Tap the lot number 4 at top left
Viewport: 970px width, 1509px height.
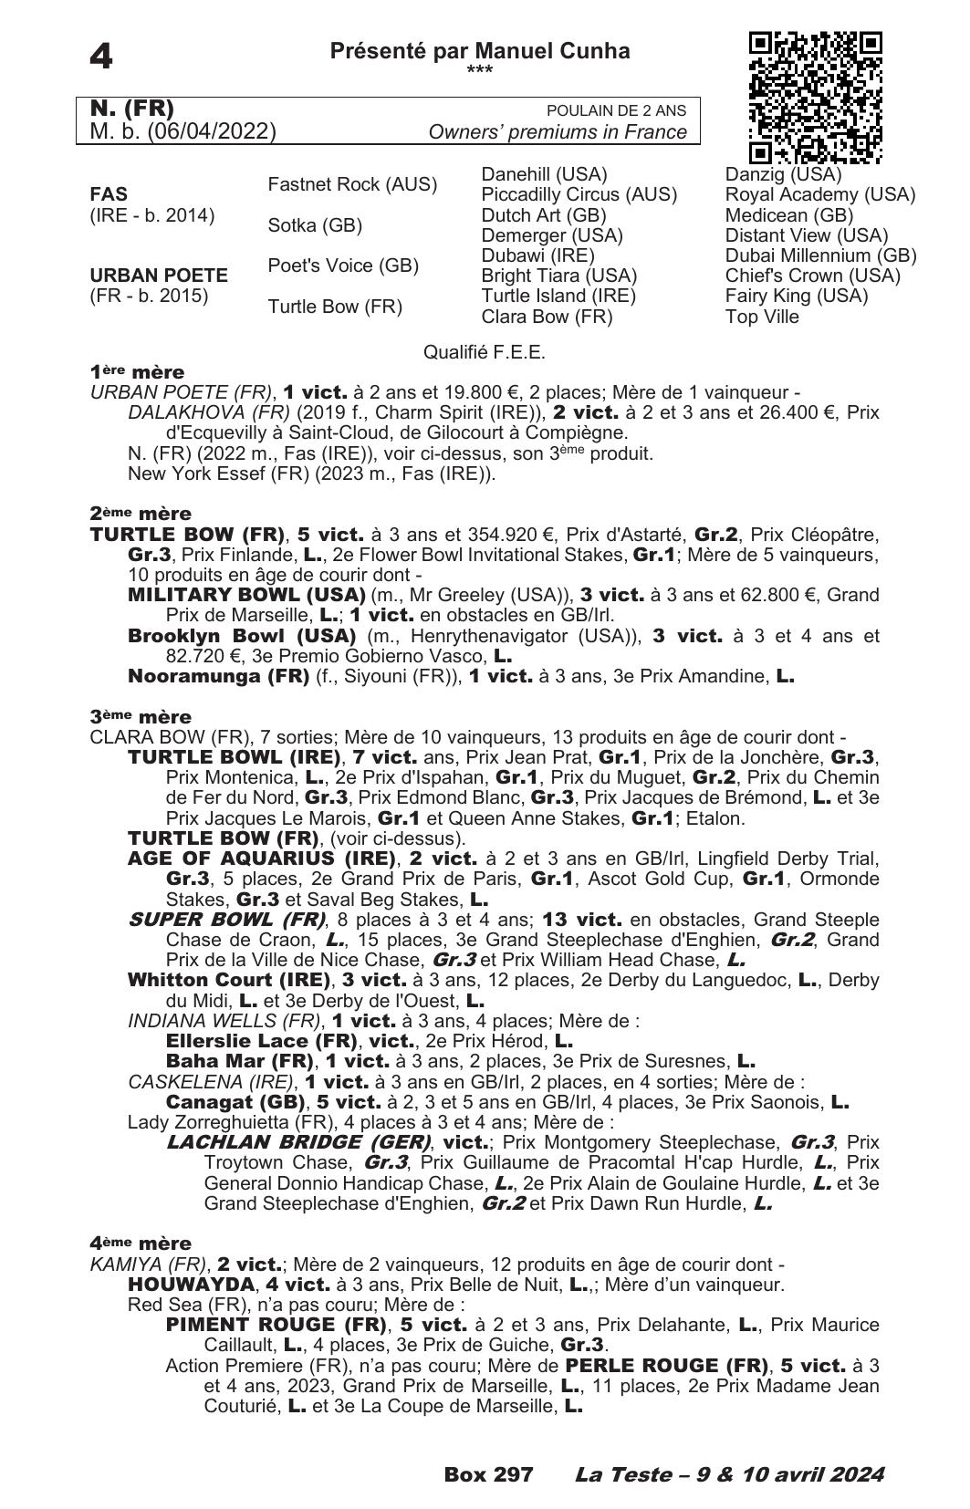pos(101,57)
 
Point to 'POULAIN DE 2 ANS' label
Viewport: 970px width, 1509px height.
pos(616,110)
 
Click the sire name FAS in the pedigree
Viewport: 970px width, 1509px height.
pos(109,194)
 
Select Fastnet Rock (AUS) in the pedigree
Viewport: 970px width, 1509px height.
pos(352,184)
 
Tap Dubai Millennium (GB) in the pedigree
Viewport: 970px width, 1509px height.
pos(820,255)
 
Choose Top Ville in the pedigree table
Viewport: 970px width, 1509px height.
pos(762,317)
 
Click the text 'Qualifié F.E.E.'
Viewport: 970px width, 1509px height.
pos(485,352)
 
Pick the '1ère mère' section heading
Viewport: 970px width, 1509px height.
pos(137,372)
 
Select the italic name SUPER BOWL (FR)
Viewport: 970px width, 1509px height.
pos(227,920)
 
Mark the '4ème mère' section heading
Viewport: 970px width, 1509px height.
pos(141,1244)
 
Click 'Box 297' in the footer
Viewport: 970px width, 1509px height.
pos(488,1474)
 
